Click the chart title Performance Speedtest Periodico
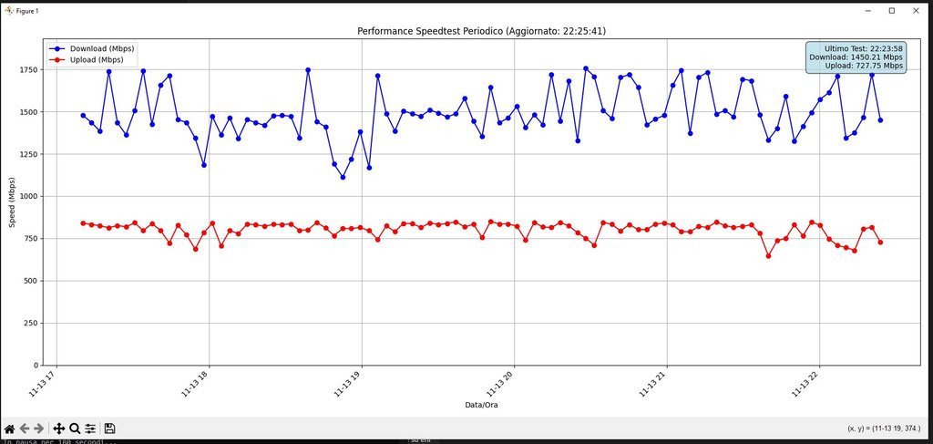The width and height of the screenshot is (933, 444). (x=481, y=31)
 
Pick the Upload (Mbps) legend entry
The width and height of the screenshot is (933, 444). (x=97, y=60)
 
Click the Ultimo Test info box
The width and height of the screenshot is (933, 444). (x=856, y=57)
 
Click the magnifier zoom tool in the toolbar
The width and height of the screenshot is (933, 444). (x=75, y=429)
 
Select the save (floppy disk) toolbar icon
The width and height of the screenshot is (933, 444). (x=109, y=429)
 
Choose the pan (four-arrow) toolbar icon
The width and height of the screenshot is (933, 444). (x=58, y=429)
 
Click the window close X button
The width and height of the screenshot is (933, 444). (x=917, y=11)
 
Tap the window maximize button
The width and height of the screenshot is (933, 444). (x=891, y=11)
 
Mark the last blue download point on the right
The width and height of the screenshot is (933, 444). (x=880, y=120)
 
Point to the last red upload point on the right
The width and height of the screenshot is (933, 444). (x=880, y=242)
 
